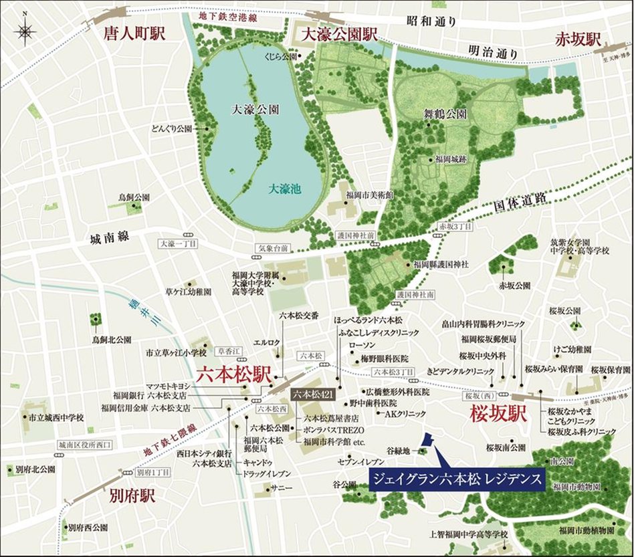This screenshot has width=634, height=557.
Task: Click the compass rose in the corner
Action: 25,31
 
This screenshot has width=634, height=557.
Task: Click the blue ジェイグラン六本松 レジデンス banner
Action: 456,479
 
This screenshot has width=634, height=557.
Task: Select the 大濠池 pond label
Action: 285,189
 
